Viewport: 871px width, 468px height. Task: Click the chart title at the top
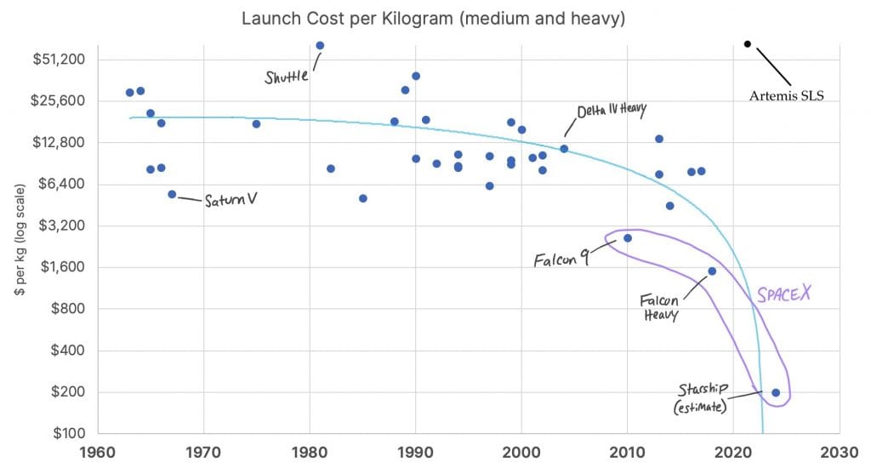(x=433, y=18)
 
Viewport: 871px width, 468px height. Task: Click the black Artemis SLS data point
(x=747, y=43)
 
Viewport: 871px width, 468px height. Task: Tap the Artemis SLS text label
(x=787, y=95)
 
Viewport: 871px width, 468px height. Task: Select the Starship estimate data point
(x=776, y=392)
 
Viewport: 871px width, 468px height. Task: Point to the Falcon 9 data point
(x=628, y=238)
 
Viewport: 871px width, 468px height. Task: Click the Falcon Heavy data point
(x=712, y=271)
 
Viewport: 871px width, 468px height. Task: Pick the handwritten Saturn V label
(x=231, y=201)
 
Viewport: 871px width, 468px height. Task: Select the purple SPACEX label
(x=784, y=294)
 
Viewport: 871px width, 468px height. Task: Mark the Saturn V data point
(x=172, y=194)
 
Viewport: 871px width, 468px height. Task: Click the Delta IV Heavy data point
(x=564, y=149)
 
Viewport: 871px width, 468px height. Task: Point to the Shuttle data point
(x=320, y=45)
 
